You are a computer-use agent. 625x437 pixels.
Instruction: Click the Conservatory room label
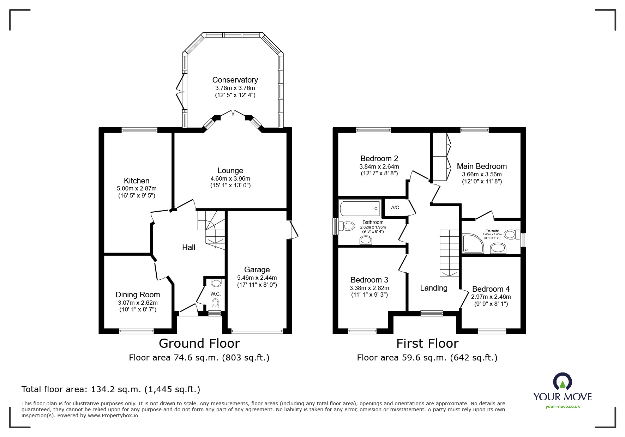[235, 80]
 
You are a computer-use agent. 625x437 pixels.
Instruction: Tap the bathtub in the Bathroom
[360, 208]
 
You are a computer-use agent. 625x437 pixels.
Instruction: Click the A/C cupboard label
[395, 207]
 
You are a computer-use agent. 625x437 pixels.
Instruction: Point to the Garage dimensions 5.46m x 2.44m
[257, 278]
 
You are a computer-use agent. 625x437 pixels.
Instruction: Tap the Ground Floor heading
[199, 343]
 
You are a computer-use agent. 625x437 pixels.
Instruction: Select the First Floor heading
[427, 343]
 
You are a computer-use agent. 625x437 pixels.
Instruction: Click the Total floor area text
[111, 389]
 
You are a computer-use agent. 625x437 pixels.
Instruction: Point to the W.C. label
[215, 294]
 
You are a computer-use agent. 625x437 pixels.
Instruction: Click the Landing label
[433, 288]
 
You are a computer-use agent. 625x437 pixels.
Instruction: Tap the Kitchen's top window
[139, 130]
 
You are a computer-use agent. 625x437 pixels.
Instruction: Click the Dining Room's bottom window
[137, 331]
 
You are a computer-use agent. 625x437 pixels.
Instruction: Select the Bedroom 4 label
[491, 289]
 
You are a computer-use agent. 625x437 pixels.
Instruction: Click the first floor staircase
[449, 252]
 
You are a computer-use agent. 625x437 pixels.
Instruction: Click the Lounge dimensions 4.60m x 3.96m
[230, 179]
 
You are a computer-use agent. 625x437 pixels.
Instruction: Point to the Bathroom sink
[366, 241]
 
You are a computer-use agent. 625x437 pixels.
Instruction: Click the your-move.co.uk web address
[563, 407]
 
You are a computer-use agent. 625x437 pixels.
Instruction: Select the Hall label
[188, 248]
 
